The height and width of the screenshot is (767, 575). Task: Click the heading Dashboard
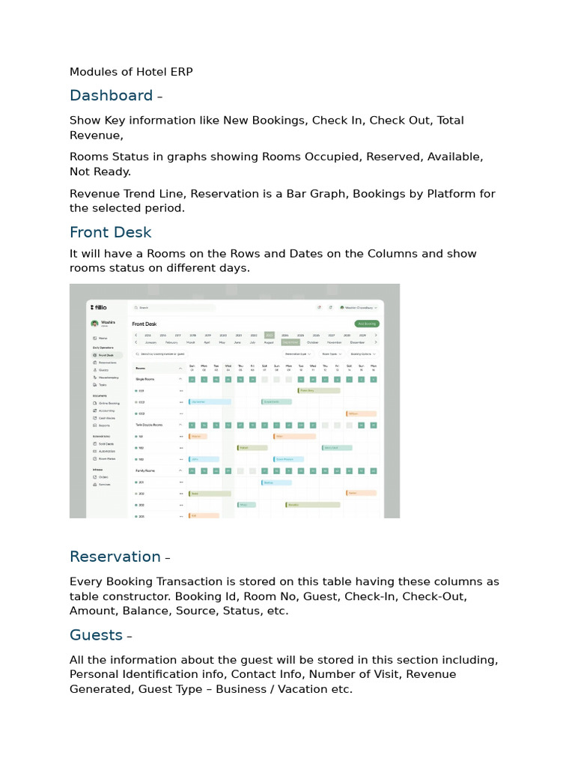click(x=111, y=95)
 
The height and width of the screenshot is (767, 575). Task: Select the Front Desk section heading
click(x=110, y=232)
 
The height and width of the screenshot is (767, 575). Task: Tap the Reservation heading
click(x=115, y=557)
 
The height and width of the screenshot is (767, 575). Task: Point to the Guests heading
click(x=96, y=635)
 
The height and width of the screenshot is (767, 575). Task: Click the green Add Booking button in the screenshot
click(x=366, y=324)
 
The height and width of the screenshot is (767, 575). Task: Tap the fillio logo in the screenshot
click(x=99, y=307)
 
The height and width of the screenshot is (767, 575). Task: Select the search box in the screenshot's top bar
click(x=172, y=307)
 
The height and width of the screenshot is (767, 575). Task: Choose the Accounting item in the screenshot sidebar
click(x=106, y=410)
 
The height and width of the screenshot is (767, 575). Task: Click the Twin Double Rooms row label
click(x=148, y=425)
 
